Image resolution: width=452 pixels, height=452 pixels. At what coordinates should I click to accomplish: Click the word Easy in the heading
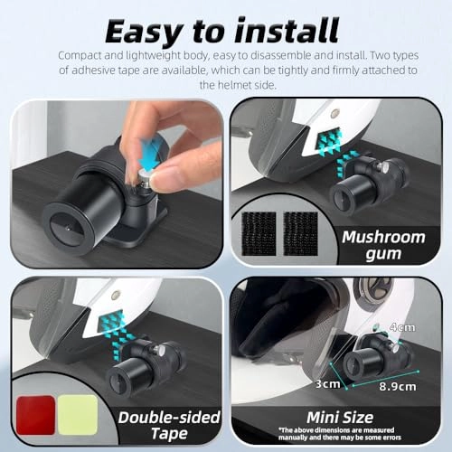tap(144, 32)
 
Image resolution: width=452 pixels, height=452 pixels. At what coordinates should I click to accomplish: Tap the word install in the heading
tap(287, 30)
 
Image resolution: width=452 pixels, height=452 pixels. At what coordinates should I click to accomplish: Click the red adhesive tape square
tap(35, 415)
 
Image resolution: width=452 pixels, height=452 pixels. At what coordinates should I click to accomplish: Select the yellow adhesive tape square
tap(78, 415)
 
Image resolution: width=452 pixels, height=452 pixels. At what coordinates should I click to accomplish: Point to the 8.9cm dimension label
tap(398, 386)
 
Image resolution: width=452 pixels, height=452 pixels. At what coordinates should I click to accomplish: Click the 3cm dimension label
tap(327, 383)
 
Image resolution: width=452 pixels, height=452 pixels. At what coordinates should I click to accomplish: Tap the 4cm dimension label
tap(402, 327)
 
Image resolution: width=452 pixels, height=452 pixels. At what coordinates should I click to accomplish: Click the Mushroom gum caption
tap(383, 245)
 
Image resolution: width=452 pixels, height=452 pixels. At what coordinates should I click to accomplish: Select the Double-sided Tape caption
tap(169, 426)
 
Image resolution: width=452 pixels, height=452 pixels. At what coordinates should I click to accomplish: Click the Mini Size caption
tap(340, 418)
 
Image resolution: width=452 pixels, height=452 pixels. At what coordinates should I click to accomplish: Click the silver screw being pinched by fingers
tap(144, 178)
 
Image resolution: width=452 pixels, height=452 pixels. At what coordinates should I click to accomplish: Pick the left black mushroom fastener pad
tap(259, 233)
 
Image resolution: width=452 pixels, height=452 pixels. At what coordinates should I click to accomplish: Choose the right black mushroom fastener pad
tap(301, 233)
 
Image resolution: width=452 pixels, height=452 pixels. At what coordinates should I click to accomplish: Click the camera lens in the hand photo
tap(67, 229)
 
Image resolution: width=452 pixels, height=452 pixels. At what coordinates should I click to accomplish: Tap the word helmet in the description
tap(235, 85)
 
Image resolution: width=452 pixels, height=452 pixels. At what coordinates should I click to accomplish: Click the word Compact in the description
tap(80, 56)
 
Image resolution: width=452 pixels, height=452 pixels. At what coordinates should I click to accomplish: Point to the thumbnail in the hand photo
tap(160, 181)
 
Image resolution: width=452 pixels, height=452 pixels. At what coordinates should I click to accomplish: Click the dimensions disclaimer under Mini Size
tap(340, 434)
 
